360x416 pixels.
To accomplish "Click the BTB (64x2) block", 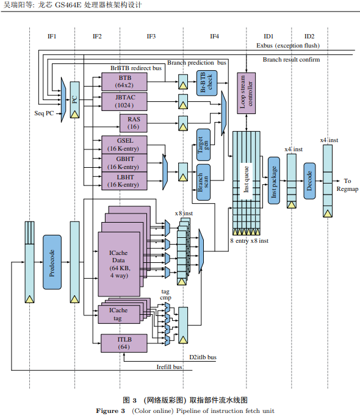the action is tap(124, 82).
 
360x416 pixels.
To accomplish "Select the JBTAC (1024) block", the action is tap(124, 101).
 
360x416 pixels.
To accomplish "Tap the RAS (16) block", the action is tap(133, 123).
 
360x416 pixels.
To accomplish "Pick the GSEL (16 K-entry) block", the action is tap(124, 145).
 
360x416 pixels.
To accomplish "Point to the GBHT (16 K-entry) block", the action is tap(124, 163).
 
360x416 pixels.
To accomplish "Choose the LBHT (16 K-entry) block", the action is tap(124, 181).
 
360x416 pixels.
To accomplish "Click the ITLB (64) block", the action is tap(124, 343).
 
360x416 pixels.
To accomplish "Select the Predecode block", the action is tap(52, 262).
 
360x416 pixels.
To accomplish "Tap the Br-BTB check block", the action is tap(207, 83).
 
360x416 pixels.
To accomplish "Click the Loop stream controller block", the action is tap(246, 93).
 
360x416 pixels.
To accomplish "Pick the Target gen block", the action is tap(203, 145).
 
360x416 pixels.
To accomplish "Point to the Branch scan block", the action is tap(203, 182).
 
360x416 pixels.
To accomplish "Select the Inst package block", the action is tap(274, 181).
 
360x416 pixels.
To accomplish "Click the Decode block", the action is tap(309, 181).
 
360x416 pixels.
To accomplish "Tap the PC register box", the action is tap(74, 100).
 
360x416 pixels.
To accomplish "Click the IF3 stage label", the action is tap(151, 37).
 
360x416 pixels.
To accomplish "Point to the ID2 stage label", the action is tap(309, 37).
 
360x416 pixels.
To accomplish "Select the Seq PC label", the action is tap(44, 113).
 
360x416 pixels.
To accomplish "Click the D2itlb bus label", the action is tap(203, 357).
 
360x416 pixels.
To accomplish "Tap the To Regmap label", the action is tap(347, 185).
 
